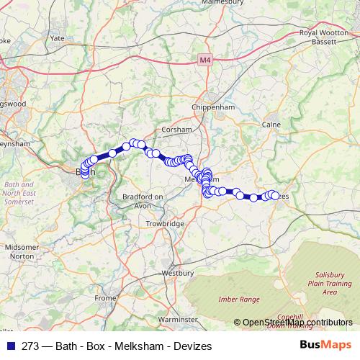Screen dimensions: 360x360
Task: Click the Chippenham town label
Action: click(x=214, y=107)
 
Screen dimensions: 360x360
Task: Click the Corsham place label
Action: click(x=177, y=130)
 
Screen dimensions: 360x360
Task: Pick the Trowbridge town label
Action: click(x=165, y=225)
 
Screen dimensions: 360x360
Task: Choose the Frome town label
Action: click(x=105, y=297)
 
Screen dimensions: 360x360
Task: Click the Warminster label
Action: click(x=177, y=318)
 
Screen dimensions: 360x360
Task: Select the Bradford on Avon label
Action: click(x=144, y=200)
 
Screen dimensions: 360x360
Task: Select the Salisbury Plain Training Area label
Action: click(x=330, y=284)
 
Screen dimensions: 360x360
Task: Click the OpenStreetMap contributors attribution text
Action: click(x=297, y=323)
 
